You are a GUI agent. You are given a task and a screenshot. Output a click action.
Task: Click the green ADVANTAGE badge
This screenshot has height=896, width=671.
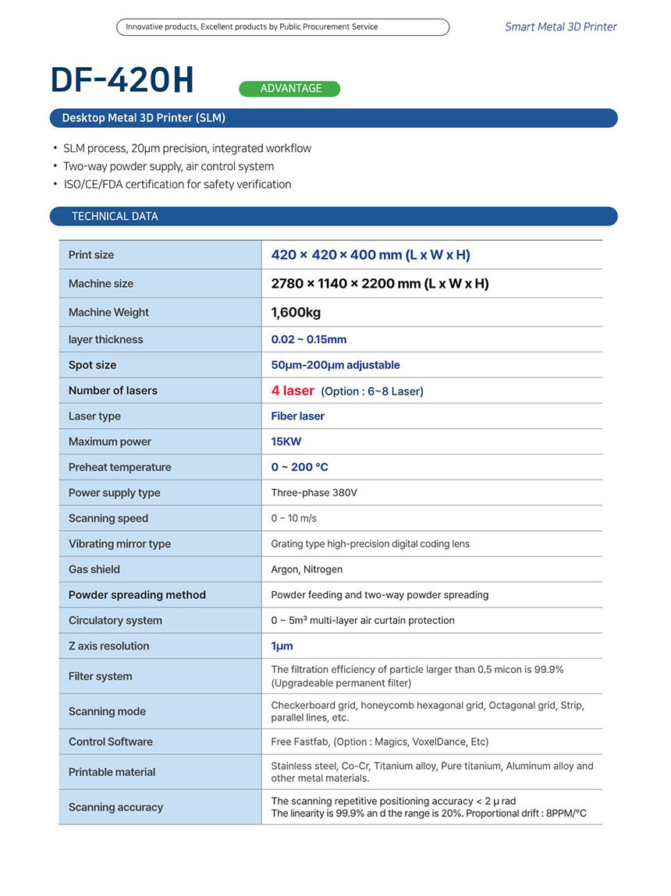(289, 89)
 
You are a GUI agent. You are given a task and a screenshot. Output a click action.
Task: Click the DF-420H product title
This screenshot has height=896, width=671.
(122, 80)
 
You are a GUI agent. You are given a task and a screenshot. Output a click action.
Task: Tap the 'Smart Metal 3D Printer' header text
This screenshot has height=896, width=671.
(560, 27)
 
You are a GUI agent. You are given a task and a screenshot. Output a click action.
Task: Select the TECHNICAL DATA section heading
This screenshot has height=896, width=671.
(115, 216)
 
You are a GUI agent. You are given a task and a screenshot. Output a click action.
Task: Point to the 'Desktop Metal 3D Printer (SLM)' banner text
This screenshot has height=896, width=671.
(144, 119)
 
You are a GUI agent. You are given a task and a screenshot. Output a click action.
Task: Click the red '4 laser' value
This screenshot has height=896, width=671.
(293, 391)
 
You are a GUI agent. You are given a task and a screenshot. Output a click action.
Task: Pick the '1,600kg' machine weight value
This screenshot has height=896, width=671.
(296, 313)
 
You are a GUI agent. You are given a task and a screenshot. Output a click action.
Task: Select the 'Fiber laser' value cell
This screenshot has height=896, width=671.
(297, 416)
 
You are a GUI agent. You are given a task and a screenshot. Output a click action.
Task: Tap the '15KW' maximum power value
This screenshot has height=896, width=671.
(286, 441)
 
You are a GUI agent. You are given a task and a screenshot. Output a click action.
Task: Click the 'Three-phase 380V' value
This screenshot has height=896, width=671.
(314, 493)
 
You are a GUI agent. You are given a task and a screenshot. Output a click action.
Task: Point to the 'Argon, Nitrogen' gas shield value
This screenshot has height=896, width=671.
(307, 569)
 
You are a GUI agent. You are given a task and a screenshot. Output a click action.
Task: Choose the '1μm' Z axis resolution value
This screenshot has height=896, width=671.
(282, 646)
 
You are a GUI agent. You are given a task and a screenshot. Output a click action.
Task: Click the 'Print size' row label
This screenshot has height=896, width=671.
(91, 255)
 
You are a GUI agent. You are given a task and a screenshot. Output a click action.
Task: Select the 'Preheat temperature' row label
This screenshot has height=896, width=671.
(119, 467)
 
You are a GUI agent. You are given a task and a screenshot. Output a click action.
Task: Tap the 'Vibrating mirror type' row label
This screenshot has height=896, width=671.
(119, 544)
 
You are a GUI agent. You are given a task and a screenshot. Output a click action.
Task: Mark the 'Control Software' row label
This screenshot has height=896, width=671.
(111, 742)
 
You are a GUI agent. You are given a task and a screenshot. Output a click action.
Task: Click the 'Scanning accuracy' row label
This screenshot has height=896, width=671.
(115, 807)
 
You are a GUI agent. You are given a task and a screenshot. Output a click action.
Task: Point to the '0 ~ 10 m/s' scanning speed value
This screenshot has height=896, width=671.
(293, 519)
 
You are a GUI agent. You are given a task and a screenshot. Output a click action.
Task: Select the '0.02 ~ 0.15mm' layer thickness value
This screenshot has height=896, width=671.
(308, 339)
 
